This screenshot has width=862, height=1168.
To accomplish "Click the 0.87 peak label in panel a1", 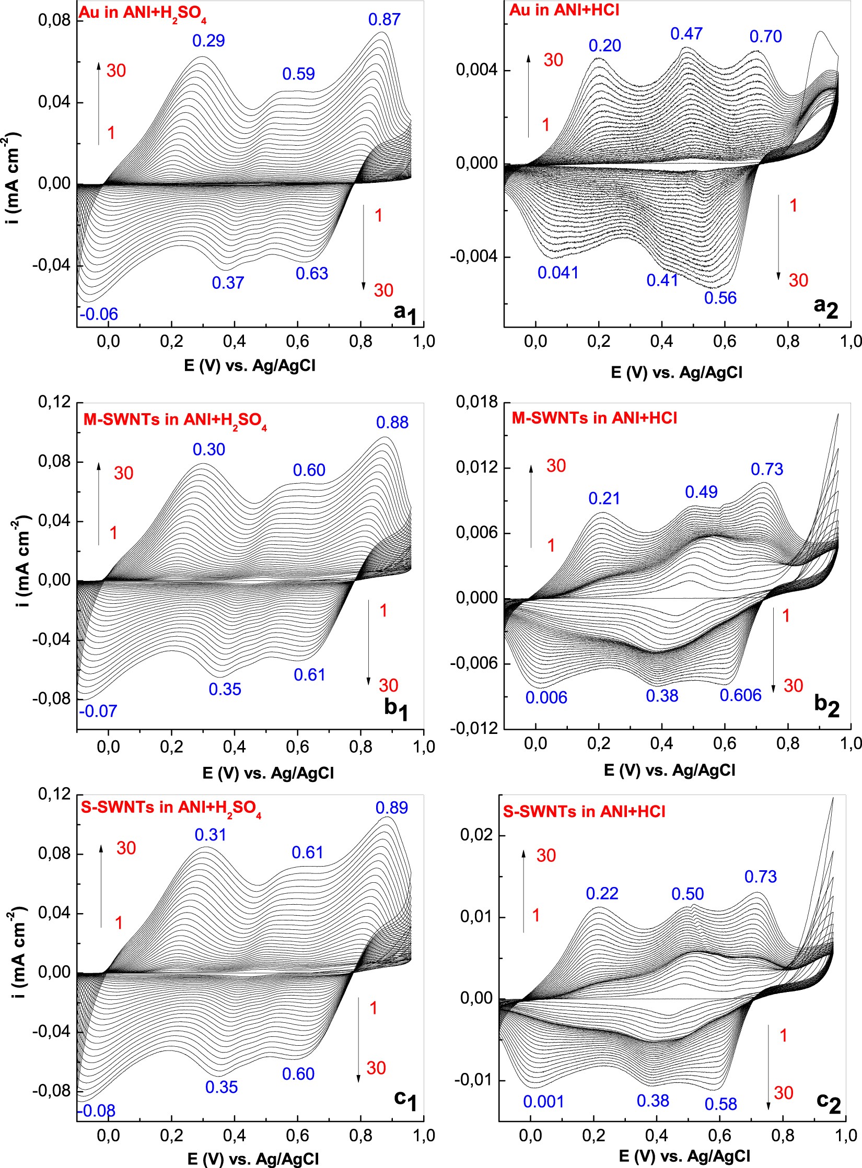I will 384,20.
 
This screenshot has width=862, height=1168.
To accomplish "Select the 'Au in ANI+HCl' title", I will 564,10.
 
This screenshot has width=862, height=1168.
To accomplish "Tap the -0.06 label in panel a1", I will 99,314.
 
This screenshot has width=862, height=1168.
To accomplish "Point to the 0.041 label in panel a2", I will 558,273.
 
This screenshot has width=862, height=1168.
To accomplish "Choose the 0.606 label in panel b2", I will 740,695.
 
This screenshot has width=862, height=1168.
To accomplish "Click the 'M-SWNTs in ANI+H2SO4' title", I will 175,420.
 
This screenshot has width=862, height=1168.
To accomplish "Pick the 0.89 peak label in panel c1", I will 391,808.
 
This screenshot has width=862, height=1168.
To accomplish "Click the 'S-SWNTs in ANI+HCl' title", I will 584,812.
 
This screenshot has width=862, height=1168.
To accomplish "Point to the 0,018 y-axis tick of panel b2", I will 476,402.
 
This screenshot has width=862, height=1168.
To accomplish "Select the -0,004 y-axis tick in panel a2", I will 474,256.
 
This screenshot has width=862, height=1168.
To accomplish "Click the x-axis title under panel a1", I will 250,365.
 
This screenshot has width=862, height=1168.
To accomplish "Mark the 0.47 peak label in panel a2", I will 686,34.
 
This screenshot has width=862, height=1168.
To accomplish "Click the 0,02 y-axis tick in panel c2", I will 476,835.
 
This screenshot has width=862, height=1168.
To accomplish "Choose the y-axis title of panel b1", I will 21,562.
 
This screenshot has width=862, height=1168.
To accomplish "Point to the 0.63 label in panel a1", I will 312,273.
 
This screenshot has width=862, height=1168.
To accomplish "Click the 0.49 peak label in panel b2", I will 701,492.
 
